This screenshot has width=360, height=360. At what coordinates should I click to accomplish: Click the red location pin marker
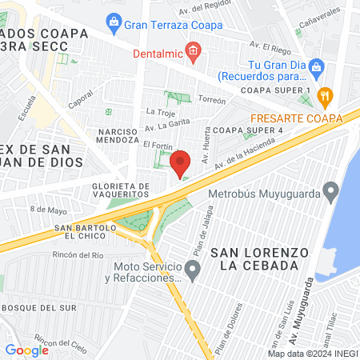(x=181, y=163)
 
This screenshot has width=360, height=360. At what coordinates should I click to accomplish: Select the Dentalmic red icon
(x=193, y=54)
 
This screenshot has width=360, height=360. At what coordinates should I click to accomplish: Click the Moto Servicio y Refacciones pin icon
(x=192, y=272)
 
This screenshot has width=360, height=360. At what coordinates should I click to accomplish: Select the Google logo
(x=26, y=350)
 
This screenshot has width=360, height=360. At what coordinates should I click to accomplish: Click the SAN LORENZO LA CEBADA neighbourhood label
(x=260, y=258)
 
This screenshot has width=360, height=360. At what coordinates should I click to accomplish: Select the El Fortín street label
(x=157, y=146)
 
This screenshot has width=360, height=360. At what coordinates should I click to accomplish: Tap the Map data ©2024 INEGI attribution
(x=311, y=353)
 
